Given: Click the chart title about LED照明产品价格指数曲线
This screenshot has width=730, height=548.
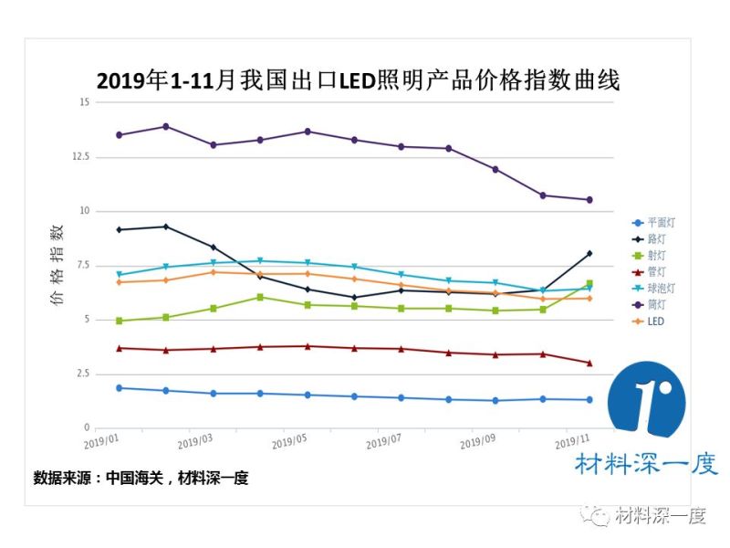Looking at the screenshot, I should [358, 81].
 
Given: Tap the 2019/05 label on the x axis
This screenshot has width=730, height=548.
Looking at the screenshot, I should [288, 441].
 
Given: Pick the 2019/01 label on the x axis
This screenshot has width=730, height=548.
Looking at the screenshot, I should [101, 441].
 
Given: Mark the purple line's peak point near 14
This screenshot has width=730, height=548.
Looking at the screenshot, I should [165, 126].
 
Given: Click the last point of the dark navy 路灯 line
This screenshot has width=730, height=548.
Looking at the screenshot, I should [589, 253].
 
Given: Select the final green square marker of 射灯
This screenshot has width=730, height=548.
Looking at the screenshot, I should [589, 283].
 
